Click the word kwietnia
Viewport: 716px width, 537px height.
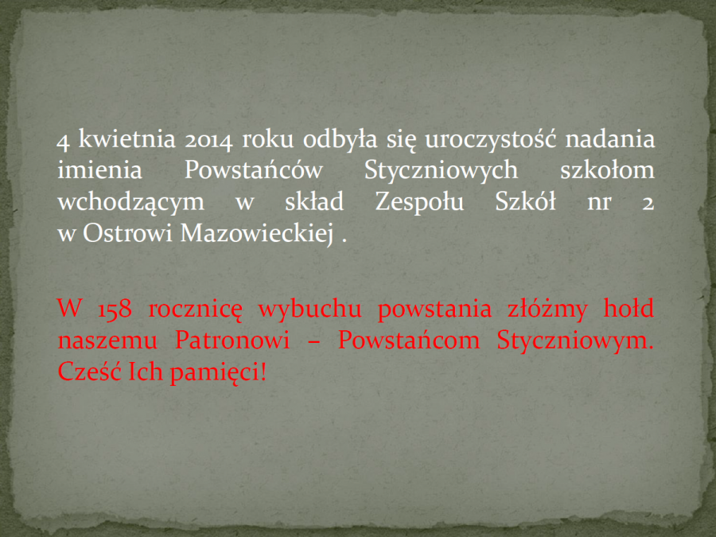coord(127,138)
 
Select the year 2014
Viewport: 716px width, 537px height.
coord(208,140)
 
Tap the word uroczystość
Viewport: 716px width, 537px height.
coord(490,139)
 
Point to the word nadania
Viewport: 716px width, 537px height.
coord(610,138)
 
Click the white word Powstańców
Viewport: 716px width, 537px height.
coord(254,169)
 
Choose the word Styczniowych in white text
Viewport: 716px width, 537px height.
coord(441,171)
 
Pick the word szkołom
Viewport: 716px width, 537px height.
coord(607,170)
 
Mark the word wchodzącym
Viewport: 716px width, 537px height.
coord(131,203)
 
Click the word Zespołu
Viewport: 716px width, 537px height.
coord(419,203)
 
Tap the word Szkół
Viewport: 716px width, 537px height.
coord(526,201)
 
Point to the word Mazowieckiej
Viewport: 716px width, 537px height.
coord(257,234)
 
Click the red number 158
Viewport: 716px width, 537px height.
coord(115,309)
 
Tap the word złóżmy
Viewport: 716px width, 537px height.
coord(547,309)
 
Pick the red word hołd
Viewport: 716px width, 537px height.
coord(628,308)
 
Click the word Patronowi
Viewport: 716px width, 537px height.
coord(232,340)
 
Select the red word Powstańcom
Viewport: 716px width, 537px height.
coord(409,340)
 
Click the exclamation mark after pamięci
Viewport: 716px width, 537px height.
coord(263,372)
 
